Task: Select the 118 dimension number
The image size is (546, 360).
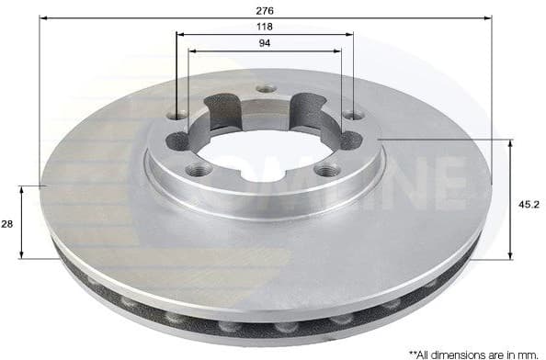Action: pos(265,28)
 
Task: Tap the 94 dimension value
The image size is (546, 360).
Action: pos(265,44)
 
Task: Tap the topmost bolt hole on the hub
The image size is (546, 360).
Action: pos(265,89)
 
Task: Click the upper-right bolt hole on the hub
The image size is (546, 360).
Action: pos(354,116)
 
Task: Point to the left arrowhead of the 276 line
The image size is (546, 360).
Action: pos(45,17)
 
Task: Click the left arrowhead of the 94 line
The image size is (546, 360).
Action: pos(191,51)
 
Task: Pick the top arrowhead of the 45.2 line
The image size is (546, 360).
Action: pos(510,143)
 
